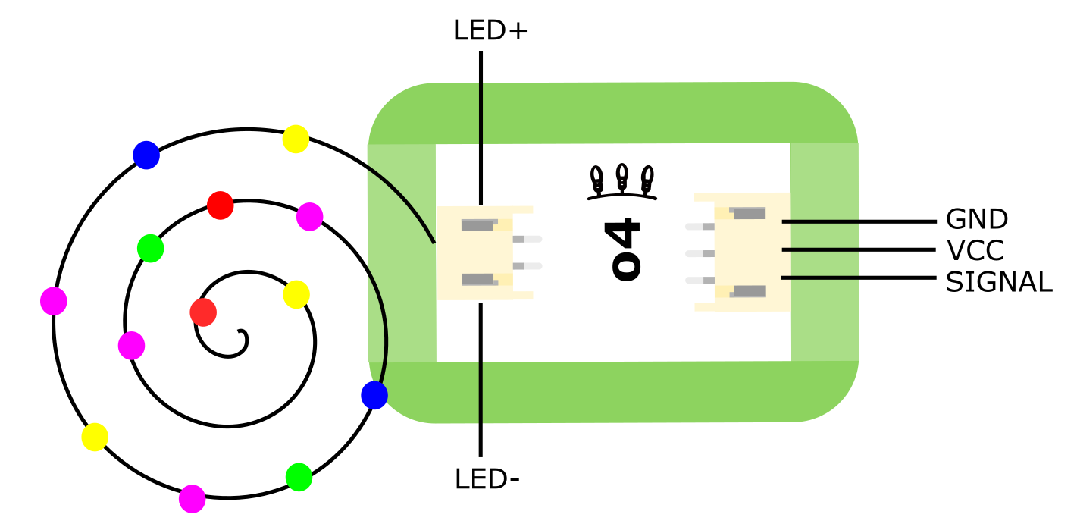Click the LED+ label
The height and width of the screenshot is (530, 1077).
click(x=490, y=31)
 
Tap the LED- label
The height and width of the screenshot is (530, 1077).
click(x=487, y=479)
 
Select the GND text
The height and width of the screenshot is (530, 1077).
click(x=977, y=220)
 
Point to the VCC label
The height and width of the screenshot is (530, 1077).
click(x=975, y=250)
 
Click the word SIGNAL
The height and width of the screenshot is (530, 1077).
click(x=999, y=282)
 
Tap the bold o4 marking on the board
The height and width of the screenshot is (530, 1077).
click(x=626, y=250)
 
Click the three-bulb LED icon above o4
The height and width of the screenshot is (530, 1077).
click(x=622, y=182)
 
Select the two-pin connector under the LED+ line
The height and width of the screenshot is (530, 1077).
click(x=485, y=252)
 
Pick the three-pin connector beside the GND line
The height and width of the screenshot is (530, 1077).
click(x=743, y=252)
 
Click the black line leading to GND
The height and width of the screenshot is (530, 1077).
click(x=859, y=221)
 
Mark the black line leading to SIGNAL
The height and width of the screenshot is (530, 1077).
click(x=859, y=278)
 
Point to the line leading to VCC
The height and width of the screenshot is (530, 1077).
click(x=859, y=249)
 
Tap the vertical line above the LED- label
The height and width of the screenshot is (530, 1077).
click(x=481, y=379)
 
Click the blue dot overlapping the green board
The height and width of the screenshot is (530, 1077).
click(x=374, y=395)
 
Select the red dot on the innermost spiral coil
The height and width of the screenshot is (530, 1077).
click(x=203, y=312)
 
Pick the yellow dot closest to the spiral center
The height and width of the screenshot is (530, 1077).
click(x=296, y=294)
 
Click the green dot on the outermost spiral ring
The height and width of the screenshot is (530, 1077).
click(x=299, y=477)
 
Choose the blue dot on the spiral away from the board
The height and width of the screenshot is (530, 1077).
click(x=146, y=155)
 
